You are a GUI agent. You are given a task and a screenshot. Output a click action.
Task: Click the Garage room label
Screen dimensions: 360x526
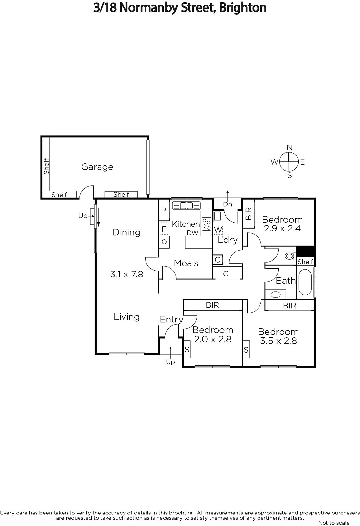(97, 167)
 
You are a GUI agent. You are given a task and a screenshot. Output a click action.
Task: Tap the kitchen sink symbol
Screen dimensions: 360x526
(186, 205)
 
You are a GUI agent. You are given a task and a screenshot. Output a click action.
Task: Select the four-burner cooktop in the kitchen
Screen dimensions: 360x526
(207, 224)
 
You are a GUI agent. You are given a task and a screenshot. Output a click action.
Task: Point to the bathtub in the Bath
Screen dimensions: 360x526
(305, 282)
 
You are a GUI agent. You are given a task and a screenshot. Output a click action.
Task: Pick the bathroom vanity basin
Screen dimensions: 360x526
(275, 294)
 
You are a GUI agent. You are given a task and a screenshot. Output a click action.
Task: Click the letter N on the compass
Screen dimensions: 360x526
(290, 148)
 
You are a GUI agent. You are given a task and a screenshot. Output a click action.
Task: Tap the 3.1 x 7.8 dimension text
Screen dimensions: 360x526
(126, 274)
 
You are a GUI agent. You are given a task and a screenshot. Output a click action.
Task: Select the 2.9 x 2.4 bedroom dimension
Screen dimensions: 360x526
(282, 228)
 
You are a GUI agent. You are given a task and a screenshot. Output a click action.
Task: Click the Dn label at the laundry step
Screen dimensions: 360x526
(227, 204)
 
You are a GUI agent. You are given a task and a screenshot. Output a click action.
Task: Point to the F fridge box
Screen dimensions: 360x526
(164, 228)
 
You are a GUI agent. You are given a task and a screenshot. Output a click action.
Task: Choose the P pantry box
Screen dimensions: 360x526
(164, 210)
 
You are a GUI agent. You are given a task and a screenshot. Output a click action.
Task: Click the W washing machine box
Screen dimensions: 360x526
(218, 230)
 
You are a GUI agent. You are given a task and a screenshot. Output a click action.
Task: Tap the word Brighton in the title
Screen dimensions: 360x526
(243, 8)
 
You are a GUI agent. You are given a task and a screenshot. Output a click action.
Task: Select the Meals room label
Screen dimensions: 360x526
(186, 263)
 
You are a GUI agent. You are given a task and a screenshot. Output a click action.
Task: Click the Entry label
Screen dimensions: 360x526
(171, 319)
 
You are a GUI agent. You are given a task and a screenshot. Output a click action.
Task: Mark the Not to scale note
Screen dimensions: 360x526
(334, 523)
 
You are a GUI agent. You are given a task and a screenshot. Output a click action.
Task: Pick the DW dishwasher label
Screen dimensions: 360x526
(192, 233)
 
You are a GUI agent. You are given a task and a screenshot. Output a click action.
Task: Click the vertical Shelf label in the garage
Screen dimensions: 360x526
(46, 166)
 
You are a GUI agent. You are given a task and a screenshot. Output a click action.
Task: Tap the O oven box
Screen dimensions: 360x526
(164, 242)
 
